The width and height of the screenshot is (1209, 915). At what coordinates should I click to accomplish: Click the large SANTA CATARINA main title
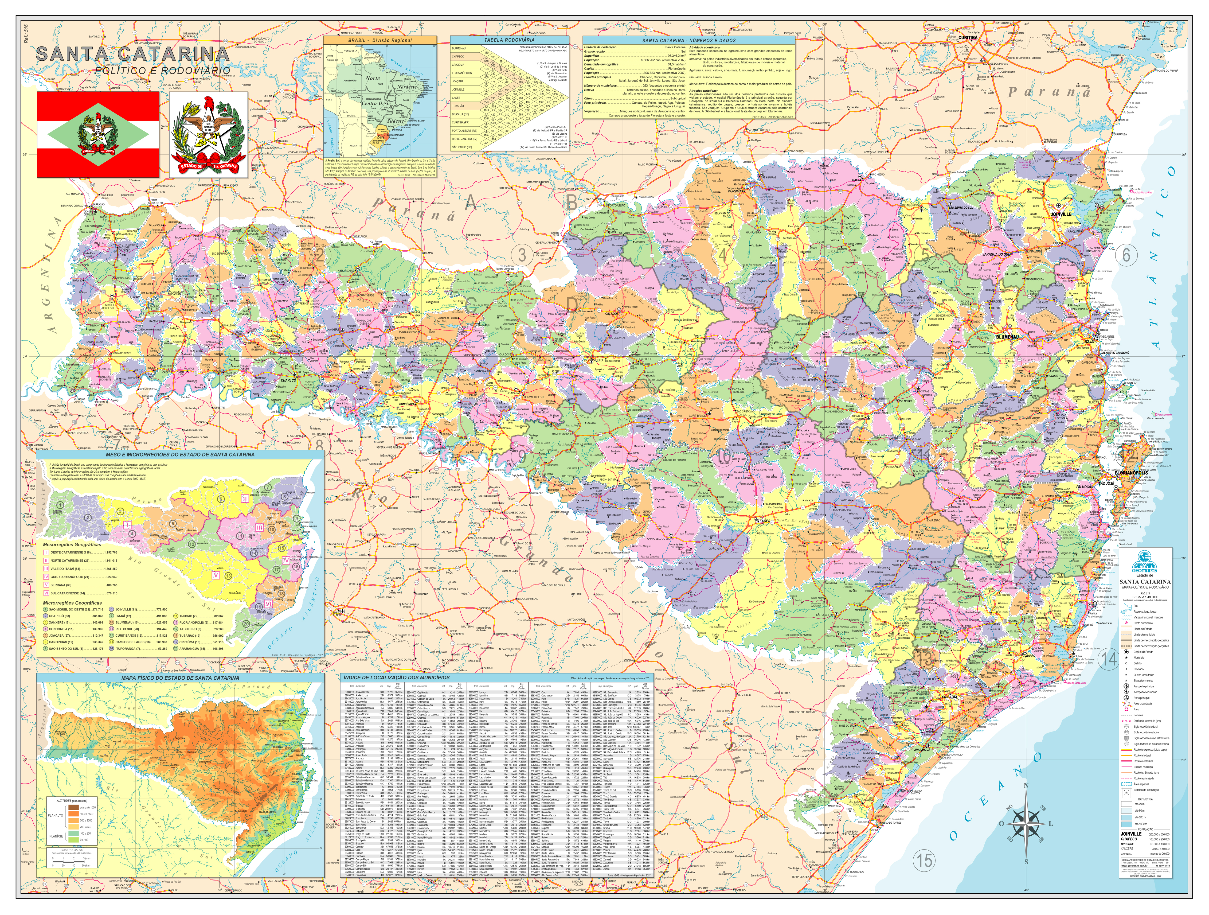coord(133,54)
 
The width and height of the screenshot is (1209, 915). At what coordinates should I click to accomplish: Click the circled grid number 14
coord(1108,659)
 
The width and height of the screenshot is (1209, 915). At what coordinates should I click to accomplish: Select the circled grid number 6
coord(1126,255)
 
